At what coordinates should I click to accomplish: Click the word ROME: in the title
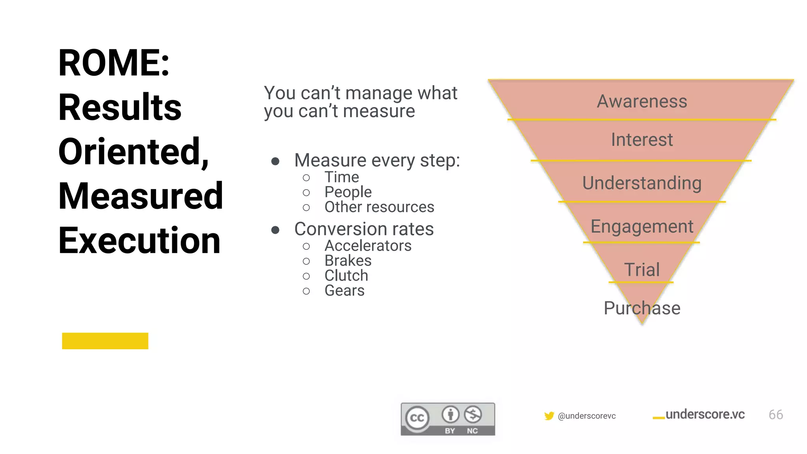pyautogui.click(x=114, y=63)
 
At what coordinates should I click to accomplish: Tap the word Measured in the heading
pyautogui.click(x=141, y=196)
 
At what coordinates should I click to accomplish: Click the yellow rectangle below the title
pyautogui.click(x=105, y=341)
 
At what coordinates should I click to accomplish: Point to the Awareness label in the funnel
pyautogui.click(x=642, y=101)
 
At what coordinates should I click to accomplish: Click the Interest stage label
pyautogui.click(x=642, y=140)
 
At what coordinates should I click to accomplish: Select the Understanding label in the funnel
pyautogui.click(x=642, y=183)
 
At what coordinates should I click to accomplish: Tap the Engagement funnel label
pyautogui.click(x=642, y=227)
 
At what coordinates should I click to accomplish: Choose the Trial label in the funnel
pyautogui.click(x=642, y=270)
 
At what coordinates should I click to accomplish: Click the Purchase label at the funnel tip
pyautogui.click(x=642, y=308)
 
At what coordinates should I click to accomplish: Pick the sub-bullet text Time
pyautogui.click(x=342, y=177)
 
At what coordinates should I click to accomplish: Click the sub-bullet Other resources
pyautogui.click(x=379, y=207)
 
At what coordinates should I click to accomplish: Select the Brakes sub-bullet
pyautogui.click(x=348, y=261)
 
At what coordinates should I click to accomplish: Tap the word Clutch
pyautogui.click(x=346, y=276)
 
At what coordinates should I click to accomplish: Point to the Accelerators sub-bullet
pyautogui.click(x=368, y=246)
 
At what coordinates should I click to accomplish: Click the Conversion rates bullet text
pyautogui.click(x=364, y=229)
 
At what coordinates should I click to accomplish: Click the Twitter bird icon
pyautogui.click(x=549, y=416)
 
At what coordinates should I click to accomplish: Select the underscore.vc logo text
pyautogui.click(x=705, y=415)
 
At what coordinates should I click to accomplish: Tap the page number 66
pyautogui.click(x=775, y=415)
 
